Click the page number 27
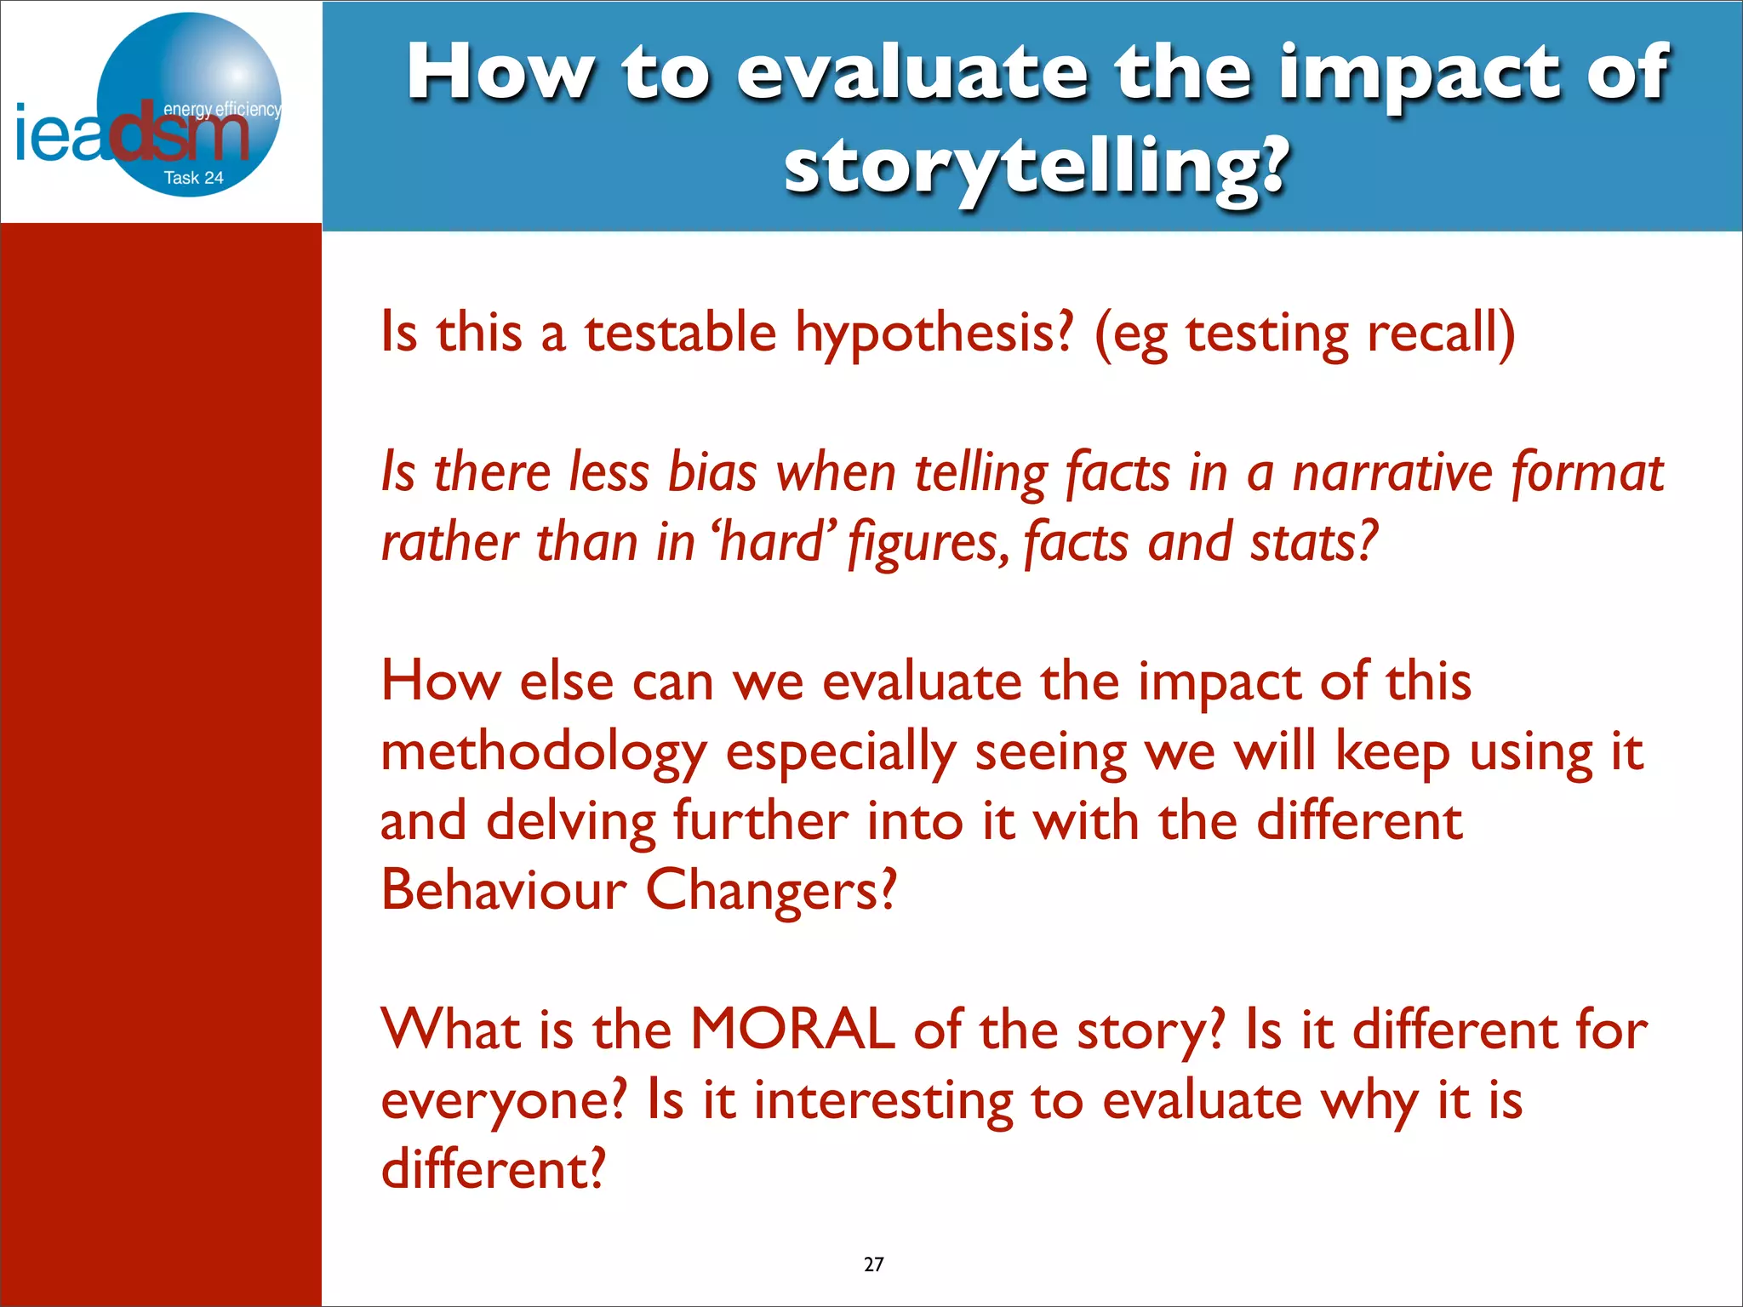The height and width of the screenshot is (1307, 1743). [873, 1264]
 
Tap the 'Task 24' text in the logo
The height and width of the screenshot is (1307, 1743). [193, 178]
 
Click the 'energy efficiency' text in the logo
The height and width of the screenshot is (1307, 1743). [221, 110]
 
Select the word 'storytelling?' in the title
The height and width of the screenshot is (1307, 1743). [1034, 165]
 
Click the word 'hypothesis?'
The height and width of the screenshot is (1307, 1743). [934, 334]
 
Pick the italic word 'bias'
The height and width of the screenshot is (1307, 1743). [711, 473]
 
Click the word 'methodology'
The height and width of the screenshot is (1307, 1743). [543, 754]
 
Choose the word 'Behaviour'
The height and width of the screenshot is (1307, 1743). [503, 890]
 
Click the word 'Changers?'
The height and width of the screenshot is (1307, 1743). [771, 892]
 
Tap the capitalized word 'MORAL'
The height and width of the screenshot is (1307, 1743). [791, 1030]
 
